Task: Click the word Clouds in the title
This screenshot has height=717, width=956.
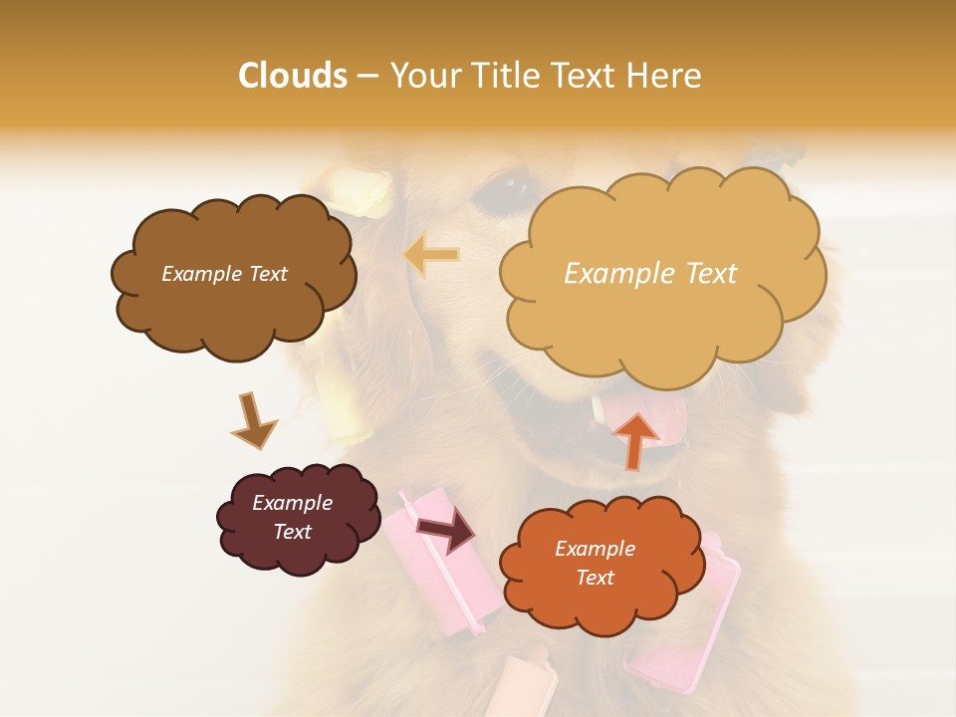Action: point(292,76)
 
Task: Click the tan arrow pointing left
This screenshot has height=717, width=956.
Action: point(431,255)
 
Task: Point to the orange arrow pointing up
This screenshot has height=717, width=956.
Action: point(635,439)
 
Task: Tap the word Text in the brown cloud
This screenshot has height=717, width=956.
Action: point(266,274)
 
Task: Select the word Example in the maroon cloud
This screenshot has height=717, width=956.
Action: point(293,503)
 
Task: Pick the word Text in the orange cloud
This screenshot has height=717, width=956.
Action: point(595,578)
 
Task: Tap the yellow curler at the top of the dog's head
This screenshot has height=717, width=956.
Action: point(362,192)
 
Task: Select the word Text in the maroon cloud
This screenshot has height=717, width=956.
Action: point(293,532)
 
